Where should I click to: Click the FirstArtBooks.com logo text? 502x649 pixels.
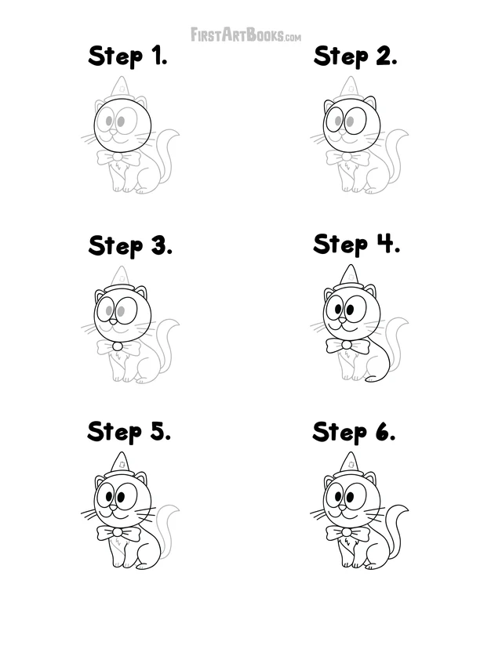pos(246,34)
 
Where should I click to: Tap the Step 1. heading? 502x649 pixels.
pos(128,56)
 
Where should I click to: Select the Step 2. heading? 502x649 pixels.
pos(355,56)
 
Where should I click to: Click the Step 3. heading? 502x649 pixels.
pos(130,246)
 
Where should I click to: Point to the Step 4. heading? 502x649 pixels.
pos(356,245)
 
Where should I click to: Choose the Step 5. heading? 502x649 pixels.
pos(129,432)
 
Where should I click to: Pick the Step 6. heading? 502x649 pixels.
pos(354,432)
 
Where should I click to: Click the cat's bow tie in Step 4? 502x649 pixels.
pos(347,345)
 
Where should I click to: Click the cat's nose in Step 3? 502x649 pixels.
pos(113,321)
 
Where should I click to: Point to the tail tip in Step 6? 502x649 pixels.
pos(409,509)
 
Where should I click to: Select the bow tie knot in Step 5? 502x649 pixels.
pos(118,532)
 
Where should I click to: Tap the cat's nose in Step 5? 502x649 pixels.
pos(113,507)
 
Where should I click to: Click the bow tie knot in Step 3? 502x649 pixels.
pos(118,346)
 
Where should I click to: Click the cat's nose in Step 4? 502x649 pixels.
pos(342,320)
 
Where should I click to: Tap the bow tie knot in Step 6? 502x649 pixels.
pos(347,532)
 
